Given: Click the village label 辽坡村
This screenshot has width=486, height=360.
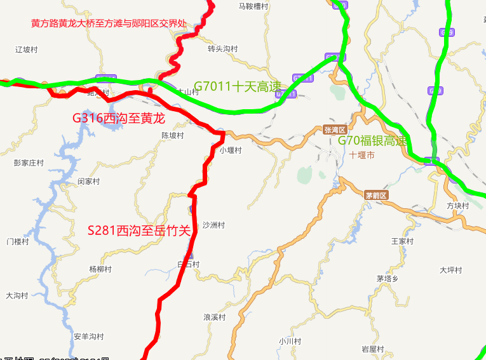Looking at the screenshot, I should coord(27,49).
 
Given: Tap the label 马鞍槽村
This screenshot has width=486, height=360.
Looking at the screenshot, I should coord(253,6).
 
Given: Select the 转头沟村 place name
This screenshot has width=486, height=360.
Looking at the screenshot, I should coord(222,49).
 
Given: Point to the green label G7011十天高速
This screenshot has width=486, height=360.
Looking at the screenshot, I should coord(237,86).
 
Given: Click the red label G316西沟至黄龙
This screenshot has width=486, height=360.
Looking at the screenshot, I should coord(119,118).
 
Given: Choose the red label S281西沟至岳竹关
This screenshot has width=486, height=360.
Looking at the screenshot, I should coord(139,230).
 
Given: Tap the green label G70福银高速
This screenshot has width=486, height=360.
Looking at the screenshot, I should coord(372,141).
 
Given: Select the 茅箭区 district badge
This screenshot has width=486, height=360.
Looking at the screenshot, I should coord(376,195).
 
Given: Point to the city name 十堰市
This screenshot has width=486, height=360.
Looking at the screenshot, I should coord(362,155).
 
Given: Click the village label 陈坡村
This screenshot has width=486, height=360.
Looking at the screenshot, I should coord(172,136).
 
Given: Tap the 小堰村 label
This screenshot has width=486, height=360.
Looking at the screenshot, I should coord(231,150).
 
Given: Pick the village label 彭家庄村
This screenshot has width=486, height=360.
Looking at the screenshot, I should coord(29,163).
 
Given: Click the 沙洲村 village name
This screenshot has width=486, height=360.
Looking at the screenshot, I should coord(213,225).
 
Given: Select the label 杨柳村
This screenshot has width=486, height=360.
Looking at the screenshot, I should coord(100,269).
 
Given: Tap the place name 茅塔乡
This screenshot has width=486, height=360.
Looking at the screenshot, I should coord(387,278).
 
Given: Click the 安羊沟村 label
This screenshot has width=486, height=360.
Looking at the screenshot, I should coord(88,336).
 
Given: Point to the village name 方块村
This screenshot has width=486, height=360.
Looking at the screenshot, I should coord(457,206).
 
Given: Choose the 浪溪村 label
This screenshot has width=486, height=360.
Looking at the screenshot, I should coord(214,317).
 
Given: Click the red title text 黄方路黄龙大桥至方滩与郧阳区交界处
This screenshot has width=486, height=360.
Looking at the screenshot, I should coord(109,23).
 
